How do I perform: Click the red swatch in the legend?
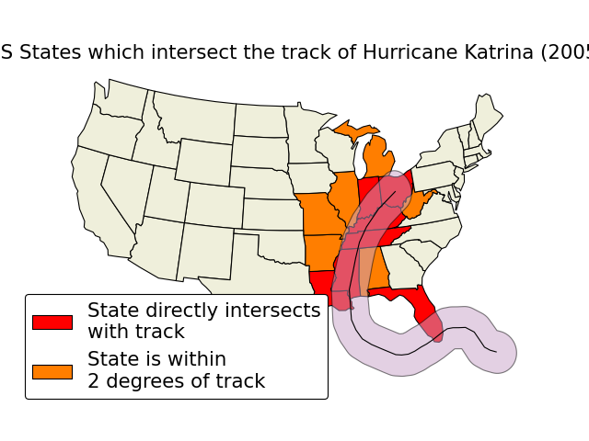coord(52,322)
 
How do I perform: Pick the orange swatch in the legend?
coord(52,371)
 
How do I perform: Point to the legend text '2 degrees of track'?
coord(176,381)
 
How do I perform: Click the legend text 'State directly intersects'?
coord(203,311)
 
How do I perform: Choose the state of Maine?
coord(486,115)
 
